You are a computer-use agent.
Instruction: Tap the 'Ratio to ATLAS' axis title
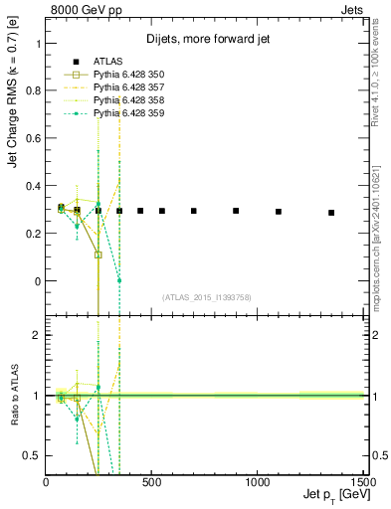pos(13,395)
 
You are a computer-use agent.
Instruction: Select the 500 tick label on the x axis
pos(152,482)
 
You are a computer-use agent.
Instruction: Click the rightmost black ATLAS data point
pos(331,213)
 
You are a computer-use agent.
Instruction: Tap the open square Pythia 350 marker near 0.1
pos(98,254)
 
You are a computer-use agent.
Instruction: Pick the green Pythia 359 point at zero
pos(119,280)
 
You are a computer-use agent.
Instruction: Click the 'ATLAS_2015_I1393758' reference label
pos(205,296)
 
